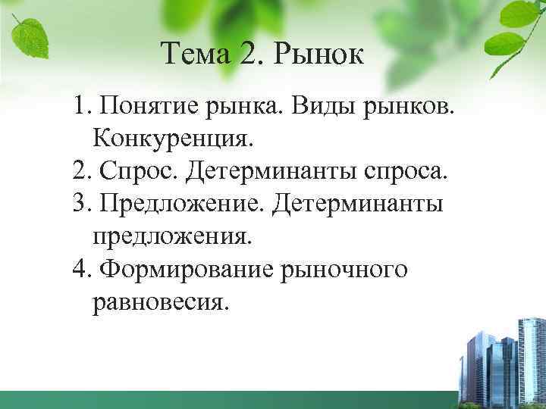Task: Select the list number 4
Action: click(x=80, y=270)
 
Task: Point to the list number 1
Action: click(x=80, y=106)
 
